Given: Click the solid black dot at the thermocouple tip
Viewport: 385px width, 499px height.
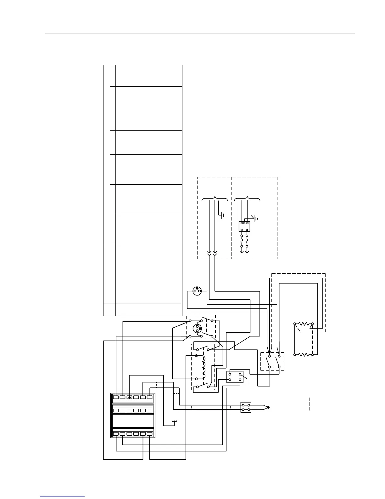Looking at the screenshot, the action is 268,407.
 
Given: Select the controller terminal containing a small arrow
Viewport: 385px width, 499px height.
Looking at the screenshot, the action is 129,397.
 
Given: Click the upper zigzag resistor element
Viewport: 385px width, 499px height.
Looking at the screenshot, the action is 304,324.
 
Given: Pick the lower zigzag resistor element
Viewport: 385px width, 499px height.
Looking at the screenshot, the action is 304,354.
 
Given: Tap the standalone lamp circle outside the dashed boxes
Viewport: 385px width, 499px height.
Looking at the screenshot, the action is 197,291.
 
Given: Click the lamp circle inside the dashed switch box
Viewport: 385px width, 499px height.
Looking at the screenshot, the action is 198,329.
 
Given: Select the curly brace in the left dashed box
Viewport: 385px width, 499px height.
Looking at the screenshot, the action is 215,199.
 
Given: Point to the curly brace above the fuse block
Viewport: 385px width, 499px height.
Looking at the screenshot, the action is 248,199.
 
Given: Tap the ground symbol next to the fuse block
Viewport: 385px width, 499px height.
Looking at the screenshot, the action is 256,218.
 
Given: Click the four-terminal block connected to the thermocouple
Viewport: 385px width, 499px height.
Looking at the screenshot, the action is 246,407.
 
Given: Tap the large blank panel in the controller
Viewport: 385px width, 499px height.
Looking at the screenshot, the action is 132,421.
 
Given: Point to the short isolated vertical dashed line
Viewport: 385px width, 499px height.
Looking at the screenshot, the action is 310,404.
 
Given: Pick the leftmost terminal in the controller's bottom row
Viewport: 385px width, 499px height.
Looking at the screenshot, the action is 116,434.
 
